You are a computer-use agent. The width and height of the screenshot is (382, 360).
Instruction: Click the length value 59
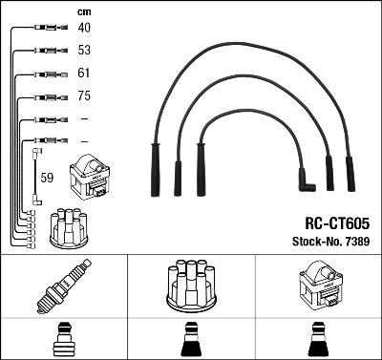click(x=47, y=177)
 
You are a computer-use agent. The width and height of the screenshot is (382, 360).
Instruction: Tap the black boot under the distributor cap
click(x=191, y=340)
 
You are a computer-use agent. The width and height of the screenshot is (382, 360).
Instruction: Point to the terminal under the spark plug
click(x=62, y=340)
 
